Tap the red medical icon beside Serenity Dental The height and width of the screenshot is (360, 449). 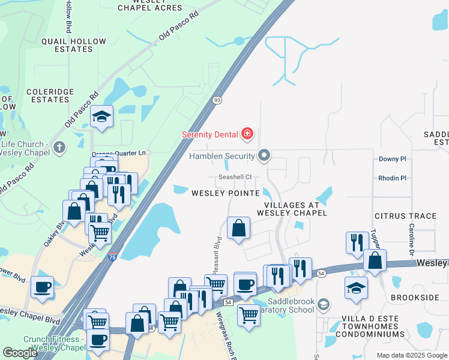(247, 133)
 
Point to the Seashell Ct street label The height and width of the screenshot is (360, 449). (234, 177)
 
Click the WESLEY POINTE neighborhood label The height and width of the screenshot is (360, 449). (226, 193)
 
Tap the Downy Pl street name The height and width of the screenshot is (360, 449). (393, 159)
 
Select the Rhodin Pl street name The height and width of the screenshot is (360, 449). (392, 178)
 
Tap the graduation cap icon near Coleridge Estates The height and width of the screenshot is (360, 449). (102, 116)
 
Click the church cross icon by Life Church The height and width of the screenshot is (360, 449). (59, 146)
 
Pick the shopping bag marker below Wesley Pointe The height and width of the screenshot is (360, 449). (238, 228)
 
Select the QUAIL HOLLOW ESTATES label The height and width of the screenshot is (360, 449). (74, 45)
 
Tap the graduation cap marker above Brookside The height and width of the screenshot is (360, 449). (356, 287)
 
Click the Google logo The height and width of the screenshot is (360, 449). (20, 353)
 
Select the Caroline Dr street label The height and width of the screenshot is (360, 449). (412, 238)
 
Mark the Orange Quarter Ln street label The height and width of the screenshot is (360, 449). (120, 154)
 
